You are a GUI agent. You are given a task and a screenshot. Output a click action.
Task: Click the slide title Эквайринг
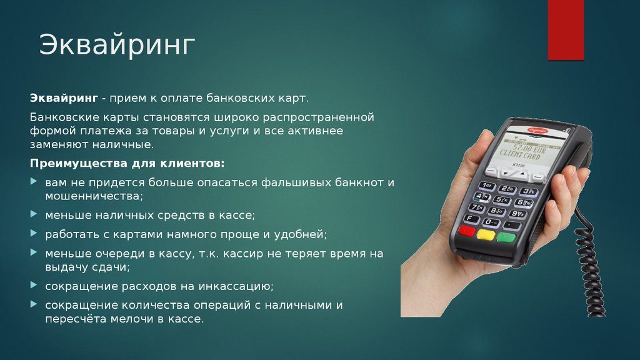coord(117,46)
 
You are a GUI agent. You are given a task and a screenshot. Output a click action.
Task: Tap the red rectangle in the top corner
coord(565,29)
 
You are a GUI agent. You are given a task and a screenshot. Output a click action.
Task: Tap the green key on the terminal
coord(506,237)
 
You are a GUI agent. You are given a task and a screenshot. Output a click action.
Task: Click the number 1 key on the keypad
coord(486,186)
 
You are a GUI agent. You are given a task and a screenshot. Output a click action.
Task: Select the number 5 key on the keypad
coord(502,201)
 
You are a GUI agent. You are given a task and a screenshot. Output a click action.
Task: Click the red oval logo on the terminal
coord(537,130)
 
